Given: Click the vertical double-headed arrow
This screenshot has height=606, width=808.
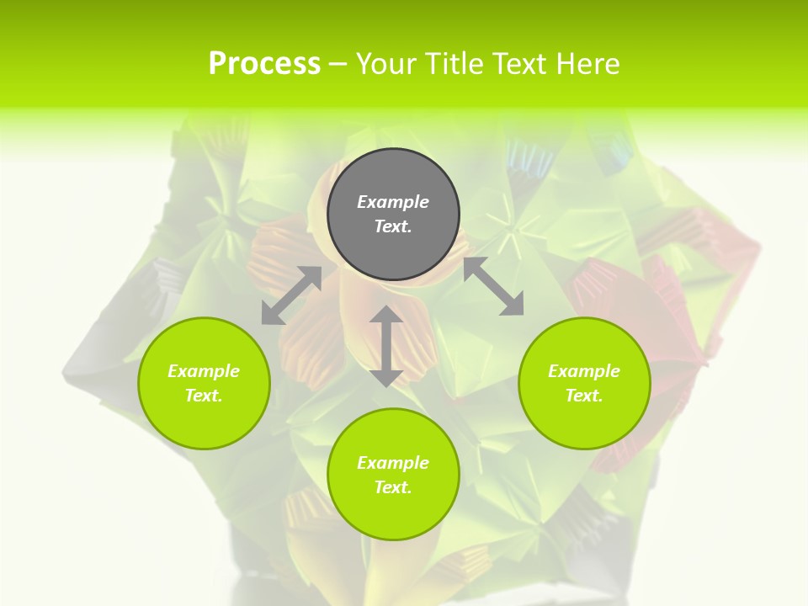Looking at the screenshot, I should (386, 346).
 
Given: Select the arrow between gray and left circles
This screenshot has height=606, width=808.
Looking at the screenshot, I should (291, 295).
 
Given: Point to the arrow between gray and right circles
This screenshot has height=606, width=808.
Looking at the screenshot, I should (493, 286).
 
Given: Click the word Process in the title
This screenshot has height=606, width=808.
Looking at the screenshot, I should (264, 63).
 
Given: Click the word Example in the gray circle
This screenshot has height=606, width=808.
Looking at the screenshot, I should (393, 202).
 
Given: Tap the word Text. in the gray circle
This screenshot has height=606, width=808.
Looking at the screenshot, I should (393, 226).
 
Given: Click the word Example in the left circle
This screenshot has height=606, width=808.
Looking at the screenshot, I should (204, 371).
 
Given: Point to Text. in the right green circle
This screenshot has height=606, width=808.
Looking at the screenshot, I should (584, 396).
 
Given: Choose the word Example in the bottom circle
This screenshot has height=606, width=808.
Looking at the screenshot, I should (393, 463).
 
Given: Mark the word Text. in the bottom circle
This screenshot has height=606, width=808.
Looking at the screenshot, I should (393, 487).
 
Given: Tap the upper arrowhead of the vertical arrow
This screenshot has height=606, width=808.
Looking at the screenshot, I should (386, 316).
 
